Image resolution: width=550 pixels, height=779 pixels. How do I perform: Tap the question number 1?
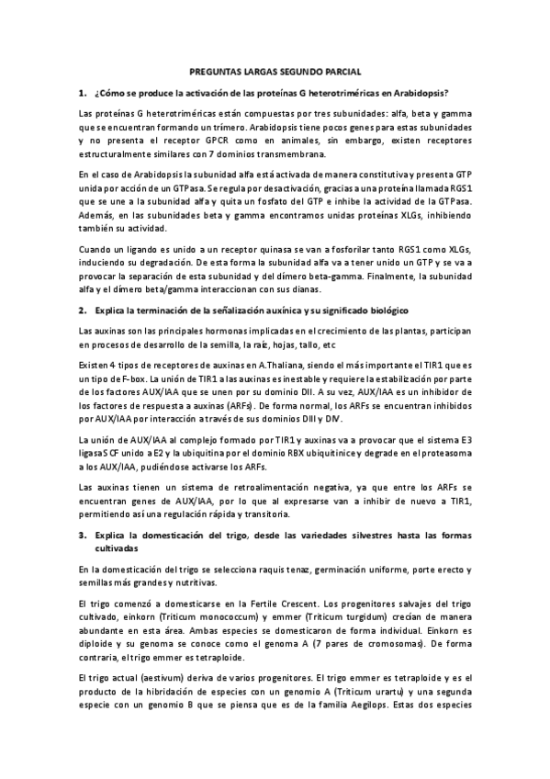click(x=82, y=92)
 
